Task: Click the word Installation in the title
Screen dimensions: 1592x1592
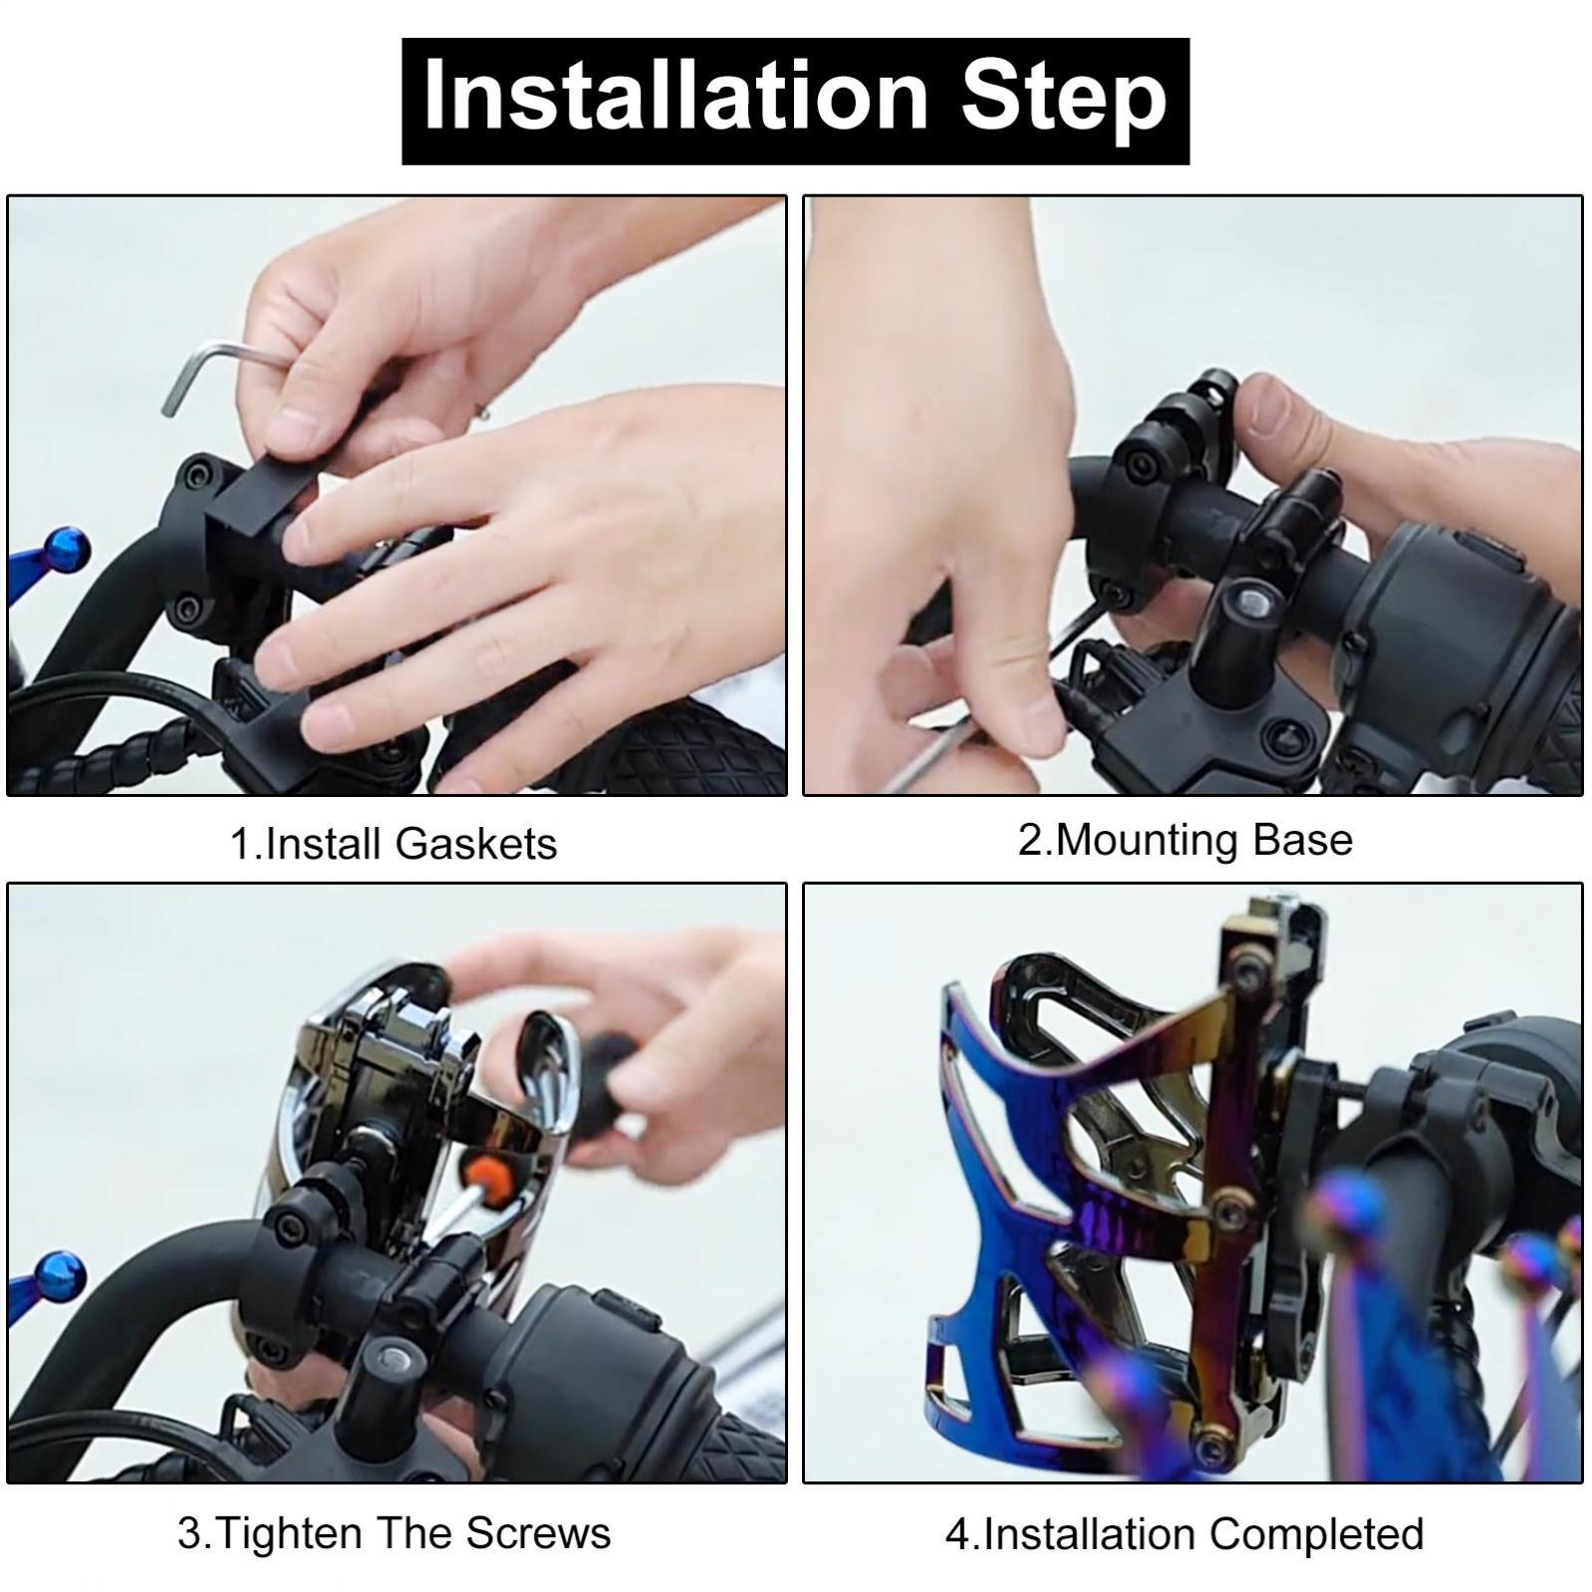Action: coord(675,97)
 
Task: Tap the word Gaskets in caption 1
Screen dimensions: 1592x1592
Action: coord(476,844)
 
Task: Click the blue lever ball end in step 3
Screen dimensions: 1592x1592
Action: coord(60,1279)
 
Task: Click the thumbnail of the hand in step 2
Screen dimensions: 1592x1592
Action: coord(1286,408)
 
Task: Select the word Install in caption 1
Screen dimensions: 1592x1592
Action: coord(326,844)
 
